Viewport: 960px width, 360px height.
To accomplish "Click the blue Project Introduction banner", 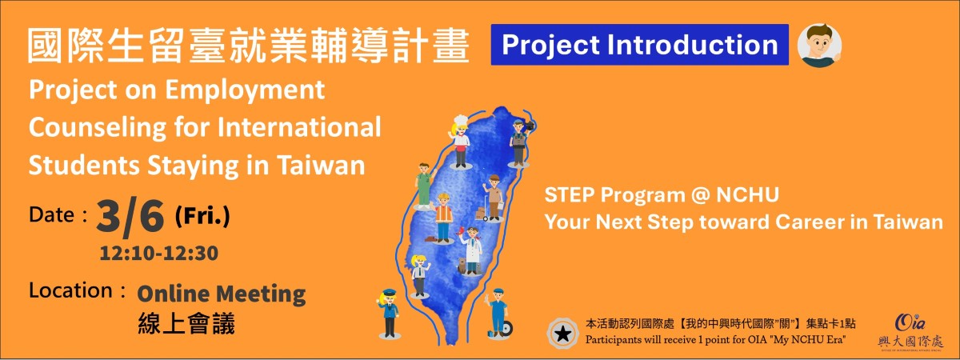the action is tap(639, 45).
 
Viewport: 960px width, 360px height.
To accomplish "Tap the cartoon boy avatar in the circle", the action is tap(819, 46).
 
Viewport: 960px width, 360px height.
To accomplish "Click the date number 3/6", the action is tap(130, 218).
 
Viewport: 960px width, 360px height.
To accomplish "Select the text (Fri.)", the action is tap(202, 217).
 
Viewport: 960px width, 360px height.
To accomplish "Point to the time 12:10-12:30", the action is tap(159, 254).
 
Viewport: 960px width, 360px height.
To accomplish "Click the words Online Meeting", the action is tap(221, 294).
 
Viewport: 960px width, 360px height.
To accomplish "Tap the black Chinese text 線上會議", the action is tap(186, 323).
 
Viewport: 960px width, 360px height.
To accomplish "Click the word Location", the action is tap(70, 290).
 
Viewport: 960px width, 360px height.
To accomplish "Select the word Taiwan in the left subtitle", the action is tap(321, 166).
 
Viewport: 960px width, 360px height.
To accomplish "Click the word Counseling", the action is tap(98, 128).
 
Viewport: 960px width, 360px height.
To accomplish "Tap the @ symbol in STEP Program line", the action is tap(700, 195).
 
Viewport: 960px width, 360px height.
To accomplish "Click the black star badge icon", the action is tap(562, 334).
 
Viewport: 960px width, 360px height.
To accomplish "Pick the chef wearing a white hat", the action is tap(460, 142).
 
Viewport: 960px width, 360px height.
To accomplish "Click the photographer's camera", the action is tap(530, 126).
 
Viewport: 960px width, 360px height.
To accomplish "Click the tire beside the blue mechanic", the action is tap(506, 329).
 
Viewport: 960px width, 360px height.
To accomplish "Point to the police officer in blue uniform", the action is tap(389, 314).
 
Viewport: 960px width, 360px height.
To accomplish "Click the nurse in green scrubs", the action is tap(424, 186).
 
